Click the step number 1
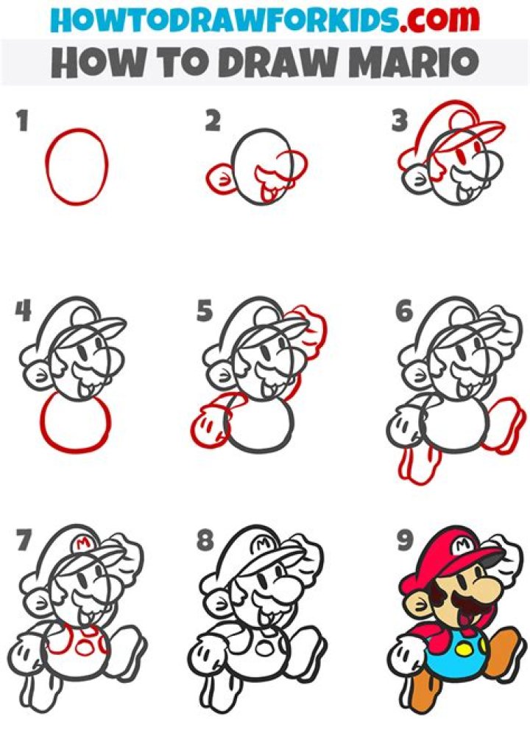click(22, 121)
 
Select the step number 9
click(404, 541)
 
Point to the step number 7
click(24, 541)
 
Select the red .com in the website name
click(439, 20)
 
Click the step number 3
click(400, 121)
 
